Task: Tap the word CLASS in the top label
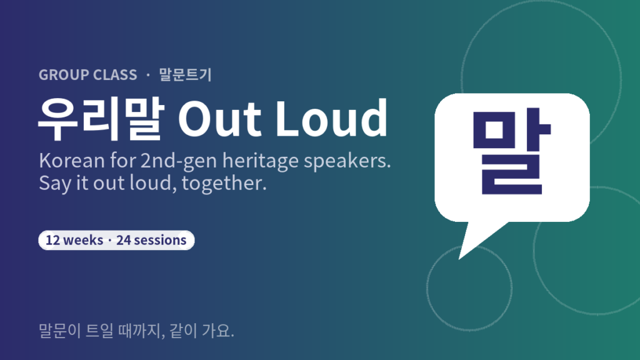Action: (115, 75)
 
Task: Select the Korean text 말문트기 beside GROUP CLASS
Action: (185, 75)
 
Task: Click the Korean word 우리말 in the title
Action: (101, 119)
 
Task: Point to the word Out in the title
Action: (219, 119)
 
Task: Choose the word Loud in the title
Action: (331, 118)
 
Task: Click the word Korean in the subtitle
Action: (72, 161)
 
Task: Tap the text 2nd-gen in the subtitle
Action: (178, 161)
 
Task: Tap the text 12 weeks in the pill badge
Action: (74, 240)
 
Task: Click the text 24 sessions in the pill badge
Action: (151, 240)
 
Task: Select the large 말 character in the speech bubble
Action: (512, 152)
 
